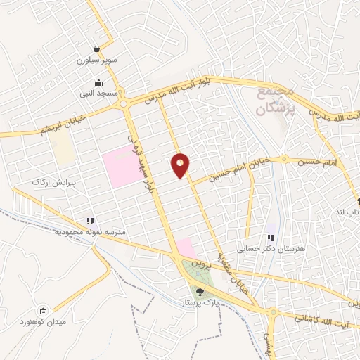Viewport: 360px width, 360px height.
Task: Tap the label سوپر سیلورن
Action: (x=96, y=60)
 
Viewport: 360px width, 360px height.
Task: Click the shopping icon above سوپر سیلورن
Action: (x=96, y=49)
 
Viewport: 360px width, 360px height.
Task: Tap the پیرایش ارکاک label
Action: (x=49, y=182)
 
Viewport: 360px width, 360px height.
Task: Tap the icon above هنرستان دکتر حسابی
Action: (x=271, y=237)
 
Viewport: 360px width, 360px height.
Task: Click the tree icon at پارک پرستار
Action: (x=200, y=291)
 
